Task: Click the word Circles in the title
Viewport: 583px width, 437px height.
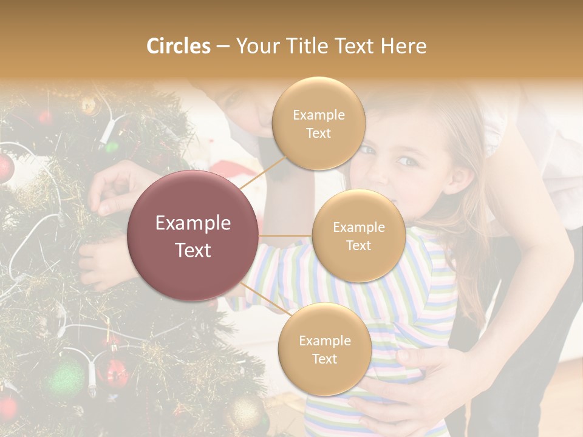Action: coord(179,46)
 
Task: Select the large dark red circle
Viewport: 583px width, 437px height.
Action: coord(193,235)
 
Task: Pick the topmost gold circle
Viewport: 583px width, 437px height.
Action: coord(318,123)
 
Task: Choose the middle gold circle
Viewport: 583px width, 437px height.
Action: coord(358,235)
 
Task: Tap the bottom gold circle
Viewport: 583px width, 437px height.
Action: coord(324,349)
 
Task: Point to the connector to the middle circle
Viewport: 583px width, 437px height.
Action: coord(285,235)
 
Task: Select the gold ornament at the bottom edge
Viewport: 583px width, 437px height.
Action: coord(245,413)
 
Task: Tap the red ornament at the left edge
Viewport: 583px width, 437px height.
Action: coord(5,167)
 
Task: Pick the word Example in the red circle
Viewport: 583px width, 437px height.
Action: coord(193,223)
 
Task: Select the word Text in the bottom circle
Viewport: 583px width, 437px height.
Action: coord(324,359)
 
